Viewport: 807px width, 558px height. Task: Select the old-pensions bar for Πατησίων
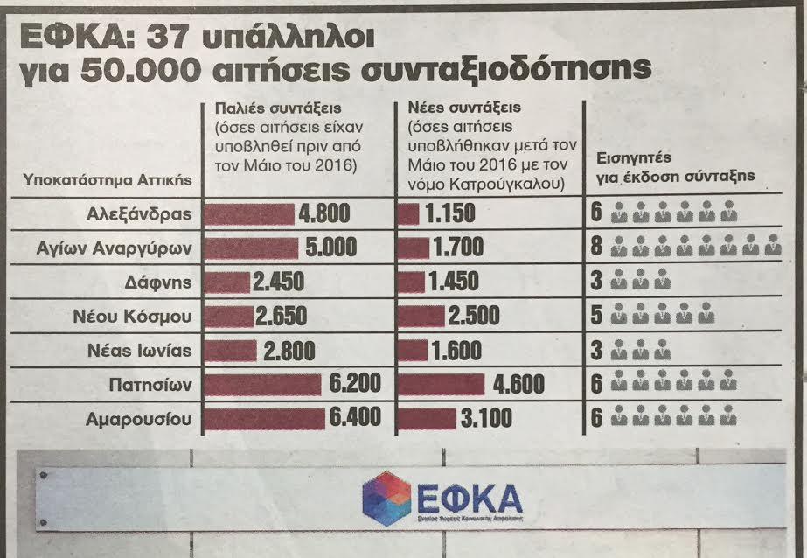(x=262, y=383)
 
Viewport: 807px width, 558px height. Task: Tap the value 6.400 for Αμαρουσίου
(x=355, y=418)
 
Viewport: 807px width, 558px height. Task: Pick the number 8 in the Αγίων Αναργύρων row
(x=596, y=248)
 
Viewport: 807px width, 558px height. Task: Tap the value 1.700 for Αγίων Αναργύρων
(x=459, y=248)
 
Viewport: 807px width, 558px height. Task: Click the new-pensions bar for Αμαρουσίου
(x=426, y=418)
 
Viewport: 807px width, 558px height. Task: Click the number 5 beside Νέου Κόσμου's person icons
(x=596, y=316)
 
